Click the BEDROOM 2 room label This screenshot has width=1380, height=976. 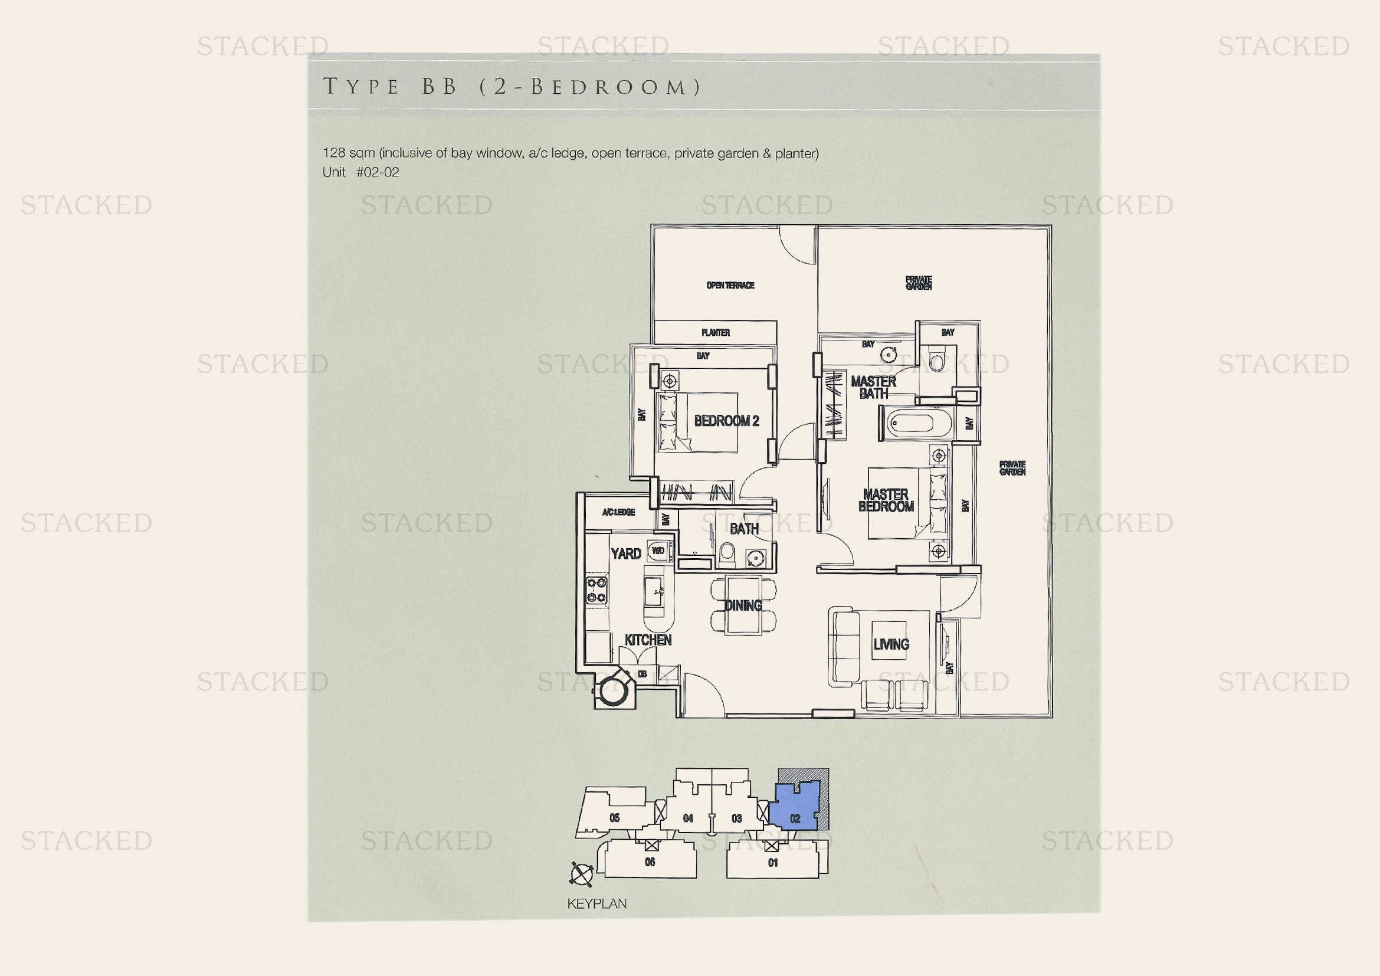coord(726,421)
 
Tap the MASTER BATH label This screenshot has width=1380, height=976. coord(873,388)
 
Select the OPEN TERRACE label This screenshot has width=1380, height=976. coord(730,286)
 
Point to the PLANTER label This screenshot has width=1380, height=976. coord(715,333)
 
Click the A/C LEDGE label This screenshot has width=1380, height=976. coord(618,512)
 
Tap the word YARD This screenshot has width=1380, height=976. coord(625,553)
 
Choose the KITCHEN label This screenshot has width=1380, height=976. coord(648,640)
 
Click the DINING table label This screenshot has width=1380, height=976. coord(743,605)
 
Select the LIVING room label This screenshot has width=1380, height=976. coord(891,644)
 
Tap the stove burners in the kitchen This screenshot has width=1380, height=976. coord(597,589)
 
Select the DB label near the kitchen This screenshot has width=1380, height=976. coord(642,674)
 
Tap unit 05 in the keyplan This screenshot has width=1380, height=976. coord(614,818)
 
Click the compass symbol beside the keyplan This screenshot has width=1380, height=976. coord(581,875)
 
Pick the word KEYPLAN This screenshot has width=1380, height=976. coord(597,904)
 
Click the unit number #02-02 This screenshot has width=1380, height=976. coord(378,172)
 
